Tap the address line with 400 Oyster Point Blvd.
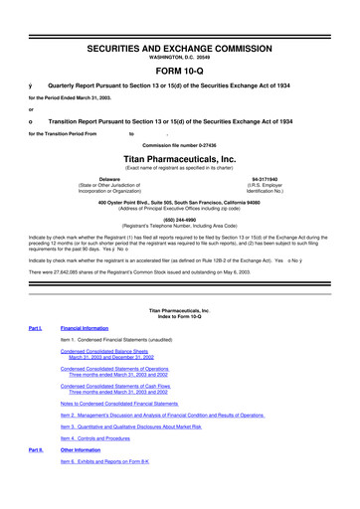179,203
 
